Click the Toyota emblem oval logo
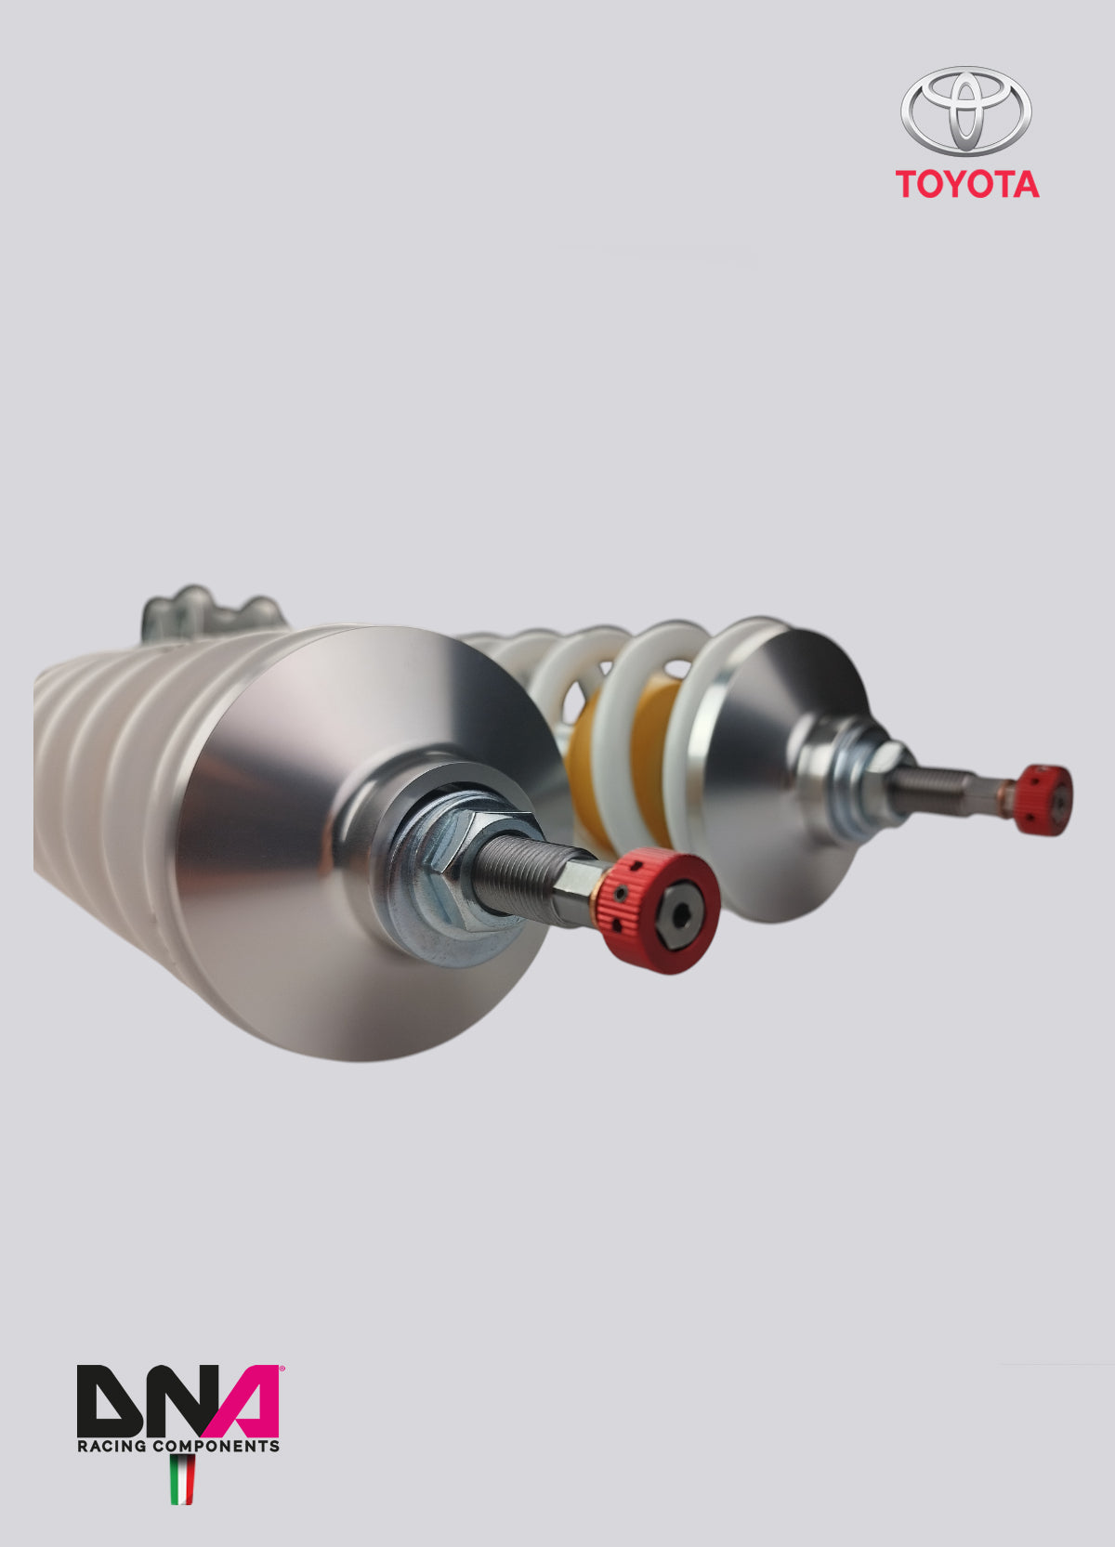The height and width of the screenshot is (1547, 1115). (x=965, y=111)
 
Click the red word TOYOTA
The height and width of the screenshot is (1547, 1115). (x=967, y=184)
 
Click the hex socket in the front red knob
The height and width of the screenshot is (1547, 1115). (x=683, y=918)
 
